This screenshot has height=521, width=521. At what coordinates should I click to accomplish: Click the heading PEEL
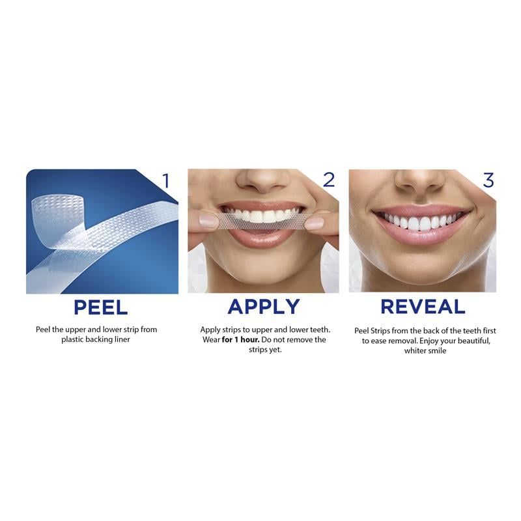[x=101, y=307]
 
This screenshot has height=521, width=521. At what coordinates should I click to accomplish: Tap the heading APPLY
[x=264, y=307]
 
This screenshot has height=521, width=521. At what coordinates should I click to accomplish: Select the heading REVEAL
[x=423, y=307]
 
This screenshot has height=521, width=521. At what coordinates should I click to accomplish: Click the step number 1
[x=165, y=180]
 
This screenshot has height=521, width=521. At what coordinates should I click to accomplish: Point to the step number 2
[x=328, y=180]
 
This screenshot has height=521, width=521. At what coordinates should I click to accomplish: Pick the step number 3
[x=488, y=180]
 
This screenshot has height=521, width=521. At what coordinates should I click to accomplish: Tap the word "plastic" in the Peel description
[x=75, y=339]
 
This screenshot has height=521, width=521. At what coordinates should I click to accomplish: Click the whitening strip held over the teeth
[x=260, y=221]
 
